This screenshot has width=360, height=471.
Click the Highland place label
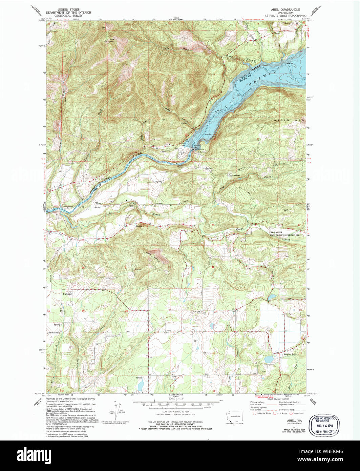[67, 294]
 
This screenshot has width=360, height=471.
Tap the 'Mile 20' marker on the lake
[208, 135]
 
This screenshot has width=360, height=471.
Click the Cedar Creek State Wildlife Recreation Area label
[284, 233]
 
